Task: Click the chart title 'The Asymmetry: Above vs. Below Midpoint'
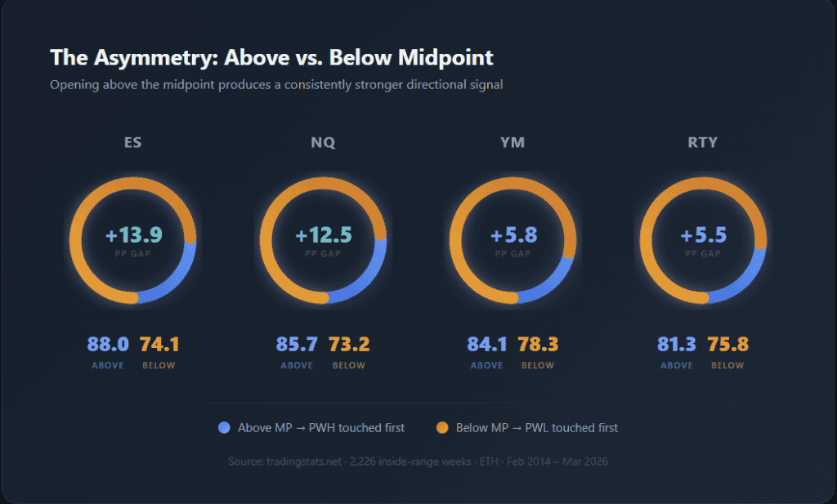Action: point(271,58)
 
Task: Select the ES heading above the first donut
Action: point(133,142)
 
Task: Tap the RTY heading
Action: point(703,142)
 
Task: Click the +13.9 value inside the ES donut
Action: point(133,235)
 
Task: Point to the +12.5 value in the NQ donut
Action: point(323,235)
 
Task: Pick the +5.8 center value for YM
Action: point(513,235)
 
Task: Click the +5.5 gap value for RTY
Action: point(703,235)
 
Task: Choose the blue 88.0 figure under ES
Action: point(108,345)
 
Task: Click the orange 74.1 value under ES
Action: point(159,345)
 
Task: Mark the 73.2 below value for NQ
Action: point(349,345)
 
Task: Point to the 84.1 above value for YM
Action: point(487,345)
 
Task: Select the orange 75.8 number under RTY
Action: point(728,345)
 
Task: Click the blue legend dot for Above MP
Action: point(225,427)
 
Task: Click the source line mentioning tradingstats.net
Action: point(418,462)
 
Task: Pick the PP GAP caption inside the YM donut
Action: point(513,254)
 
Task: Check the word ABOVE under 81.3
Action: point(677,365)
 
